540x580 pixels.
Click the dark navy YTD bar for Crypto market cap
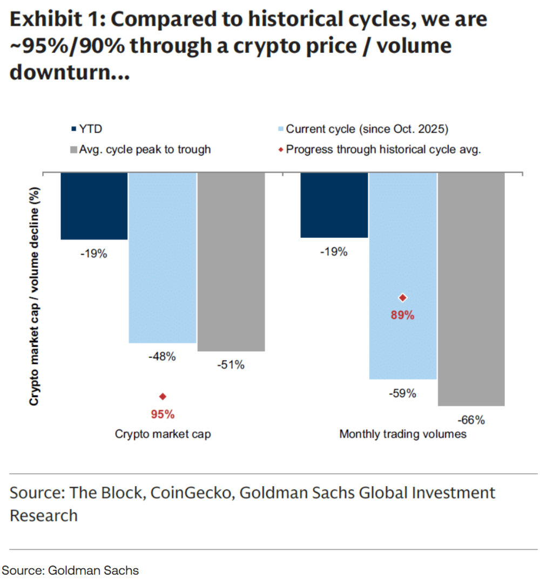[x=94, y=206]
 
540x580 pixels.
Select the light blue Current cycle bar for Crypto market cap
[x=163, y=257]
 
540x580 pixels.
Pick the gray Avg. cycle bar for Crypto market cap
[x=231, y=262]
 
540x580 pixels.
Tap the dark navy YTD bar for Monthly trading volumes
[x=334, y=205]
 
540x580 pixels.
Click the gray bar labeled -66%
[x=471, y=289]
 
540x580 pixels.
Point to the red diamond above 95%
[x=163, y=397]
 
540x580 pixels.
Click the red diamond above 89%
[x=402, y=297]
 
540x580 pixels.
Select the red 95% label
[x=163, y=414]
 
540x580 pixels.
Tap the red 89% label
[x=402, y=316]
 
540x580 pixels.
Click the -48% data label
[x=163, y=356]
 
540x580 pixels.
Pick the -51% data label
[x=231, y=365]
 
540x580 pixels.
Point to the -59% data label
[x=402, y=393]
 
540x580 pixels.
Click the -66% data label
[x=471, y=420]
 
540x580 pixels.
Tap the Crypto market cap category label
[x=163, y=434]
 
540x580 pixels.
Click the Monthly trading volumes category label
[x=402, y=434]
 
